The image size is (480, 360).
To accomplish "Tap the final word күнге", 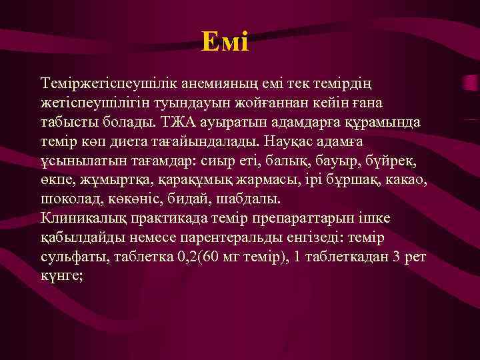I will point(61,276).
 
